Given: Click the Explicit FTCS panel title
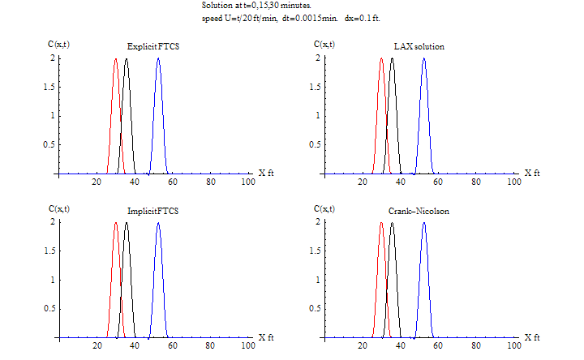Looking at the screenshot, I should [x=154, y=47].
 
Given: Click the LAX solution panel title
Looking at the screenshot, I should [x=418, y=47].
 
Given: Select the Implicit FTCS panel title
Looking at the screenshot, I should [x=153, y=211].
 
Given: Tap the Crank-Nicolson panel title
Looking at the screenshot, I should [x=419, y=211].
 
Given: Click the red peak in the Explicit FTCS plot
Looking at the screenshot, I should [x=116, y=59].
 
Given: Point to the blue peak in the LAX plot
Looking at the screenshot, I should [x=423, y=59].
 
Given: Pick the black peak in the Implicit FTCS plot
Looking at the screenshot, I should [x=127, y=223].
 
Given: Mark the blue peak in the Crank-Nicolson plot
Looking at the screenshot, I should [x=423, y=223].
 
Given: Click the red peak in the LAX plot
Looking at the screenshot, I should [x=381, y=59].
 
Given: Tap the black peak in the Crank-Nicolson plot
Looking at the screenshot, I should [x=392, y=223].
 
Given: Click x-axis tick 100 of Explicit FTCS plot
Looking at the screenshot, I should [x=248, y=182].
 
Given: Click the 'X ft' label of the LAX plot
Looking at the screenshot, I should [x=531, y=173].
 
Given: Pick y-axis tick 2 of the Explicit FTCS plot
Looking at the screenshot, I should [x=53, y=58].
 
